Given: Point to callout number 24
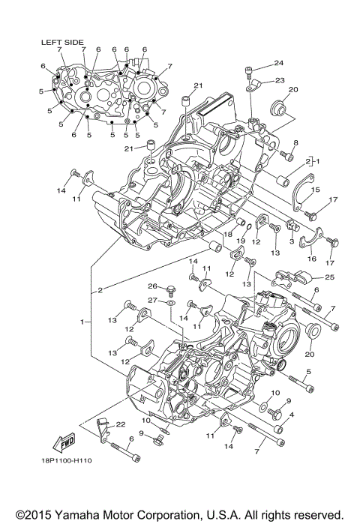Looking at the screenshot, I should click(x=278, y=63).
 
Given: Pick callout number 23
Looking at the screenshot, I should click(x=279, y=79).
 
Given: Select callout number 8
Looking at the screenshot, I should click(x=296, y=142).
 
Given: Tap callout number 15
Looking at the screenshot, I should click(x=316, y=190).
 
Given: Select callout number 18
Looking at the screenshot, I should click(x=226, y=235).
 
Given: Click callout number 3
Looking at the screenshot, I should click(x=292, y=241).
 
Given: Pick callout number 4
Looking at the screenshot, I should click(x=291, y=414).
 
